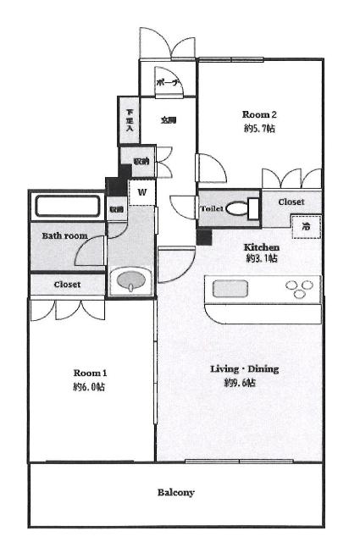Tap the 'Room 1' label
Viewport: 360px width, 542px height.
tap(90, 373)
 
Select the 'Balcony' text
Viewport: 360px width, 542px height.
tap(176, 492)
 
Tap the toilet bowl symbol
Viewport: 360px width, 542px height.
tap(248, 208)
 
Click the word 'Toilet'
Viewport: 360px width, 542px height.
tap(212, 208)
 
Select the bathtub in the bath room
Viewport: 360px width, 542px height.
tap(67, 207)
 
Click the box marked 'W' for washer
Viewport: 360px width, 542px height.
tap(142, 191)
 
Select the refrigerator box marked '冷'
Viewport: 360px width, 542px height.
tap(307, 226)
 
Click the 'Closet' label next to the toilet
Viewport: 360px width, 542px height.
tap(292, 202)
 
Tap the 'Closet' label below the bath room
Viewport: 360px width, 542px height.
tap(67, 285)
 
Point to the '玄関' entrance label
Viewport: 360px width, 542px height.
tap(169, 120)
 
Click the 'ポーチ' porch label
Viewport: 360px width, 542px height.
tap(166, 84)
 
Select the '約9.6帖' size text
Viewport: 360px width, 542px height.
tap(240, 384)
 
